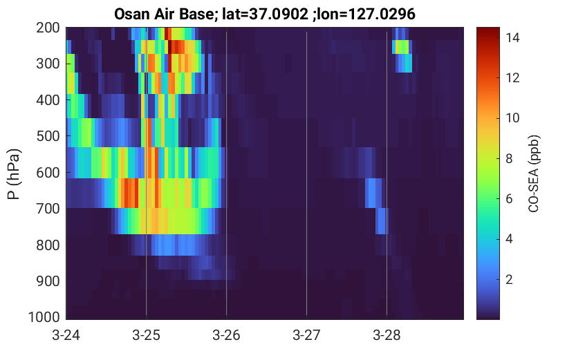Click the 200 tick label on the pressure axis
point(48,28)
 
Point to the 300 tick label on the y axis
point(48,64)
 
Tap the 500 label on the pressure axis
point(48,136)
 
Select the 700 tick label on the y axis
point(48,209)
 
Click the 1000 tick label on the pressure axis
point(44,317)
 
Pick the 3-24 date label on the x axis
point(66,335)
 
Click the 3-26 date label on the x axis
point(226,335)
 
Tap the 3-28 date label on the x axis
point(387,335)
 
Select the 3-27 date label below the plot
point(306,335)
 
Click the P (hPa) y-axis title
point(14,174)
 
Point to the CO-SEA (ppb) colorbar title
point(533,174)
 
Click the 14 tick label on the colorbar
point(512,37)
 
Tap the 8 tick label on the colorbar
point(509,158)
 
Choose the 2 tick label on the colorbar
point(509,280)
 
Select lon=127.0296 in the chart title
point(366,15)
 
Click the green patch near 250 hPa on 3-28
point(402,47)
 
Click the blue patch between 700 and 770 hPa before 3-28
point(381,221)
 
